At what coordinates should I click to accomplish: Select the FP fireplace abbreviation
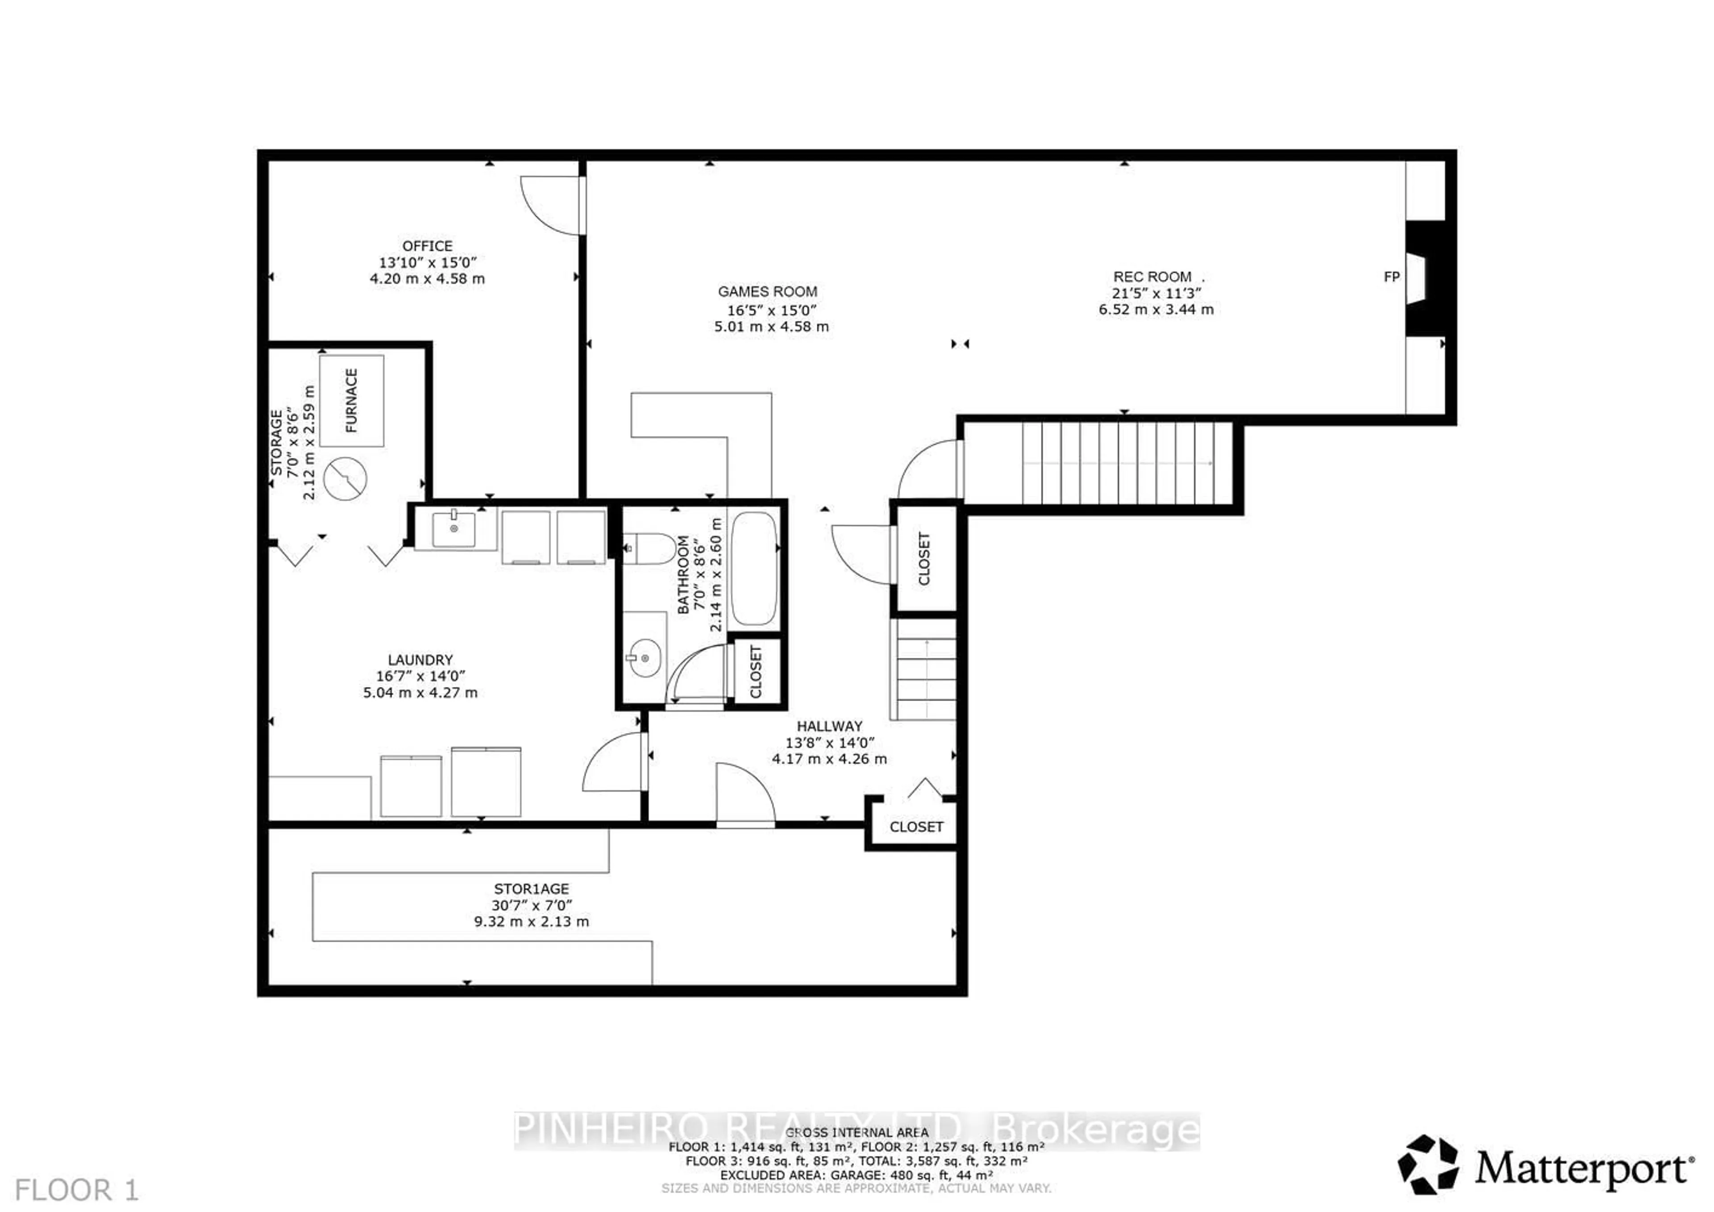tap(1391, 277)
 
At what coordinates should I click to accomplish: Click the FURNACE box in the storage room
tap(352, 401)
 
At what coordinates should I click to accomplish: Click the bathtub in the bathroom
tap(754, 569)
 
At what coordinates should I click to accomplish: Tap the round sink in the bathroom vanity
tap(644, 657)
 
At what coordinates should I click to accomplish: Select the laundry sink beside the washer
tap(454, 528)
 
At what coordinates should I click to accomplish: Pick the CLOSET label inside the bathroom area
tap(756, 671)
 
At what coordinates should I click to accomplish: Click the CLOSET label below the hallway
tap(916, 827)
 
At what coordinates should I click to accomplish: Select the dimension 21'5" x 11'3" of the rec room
tap(1156, 293)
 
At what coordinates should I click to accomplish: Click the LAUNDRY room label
tap(420, 660)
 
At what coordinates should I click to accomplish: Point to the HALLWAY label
tap(829, 726)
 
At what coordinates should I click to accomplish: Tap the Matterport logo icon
tap(1428, 1164)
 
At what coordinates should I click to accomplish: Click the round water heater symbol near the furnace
tap(345, 478)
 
